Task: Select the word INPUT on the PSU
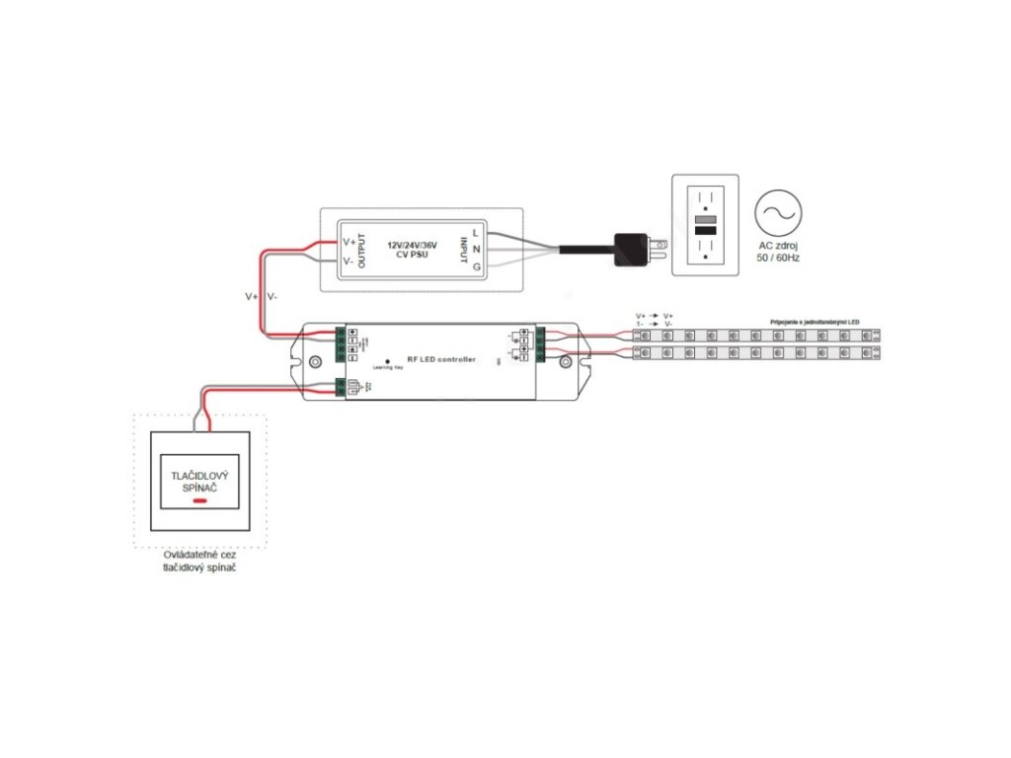[461, 252]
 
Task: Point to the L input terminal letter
[476, 232]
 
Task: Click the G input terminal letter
[476, 266]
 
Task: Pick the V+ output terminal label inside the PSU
[349, 242]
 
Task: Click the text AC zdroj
[779, 246]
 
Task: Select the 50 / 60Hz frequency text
[779, 259]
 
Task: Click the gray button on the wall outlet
[705, 219]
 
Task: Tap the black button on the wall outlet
[705, 231]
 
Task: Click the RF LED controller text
[440, 359]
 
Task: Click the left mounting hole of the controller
[316, 362]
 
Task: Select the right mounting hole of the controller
[566, 362]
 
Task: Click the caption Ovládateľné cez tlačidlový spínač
[199, 562]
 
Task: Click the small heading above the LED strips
[815, 322]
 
